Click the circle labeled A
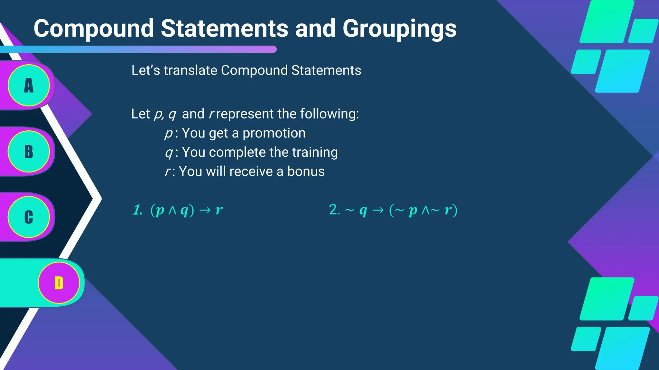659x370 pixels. coord(29,85)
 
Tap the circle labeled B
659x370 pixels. coord(29,152)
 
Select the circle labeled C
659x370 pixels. coord(29,217)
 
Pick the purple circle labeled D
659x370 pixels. coord(59,283)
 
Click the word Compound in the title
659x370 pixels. coord(94,29)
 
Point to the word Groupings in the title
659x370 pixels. coord(399,29)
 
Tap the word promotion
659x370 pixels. coord(274,133)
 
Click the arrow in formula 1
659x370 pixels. coord(205,210)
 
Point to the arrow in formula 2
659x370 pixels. coord(378,210)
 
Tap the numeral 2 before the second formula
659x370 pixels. coord(333,210)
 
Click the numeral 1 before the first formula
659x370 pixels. coord(137,210)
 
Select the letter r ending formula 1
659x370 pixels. coord(219,210)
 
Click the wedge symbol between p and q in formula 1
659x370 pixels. coord(172,210)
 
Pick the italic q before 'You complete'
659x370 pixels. coord(169,153)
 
